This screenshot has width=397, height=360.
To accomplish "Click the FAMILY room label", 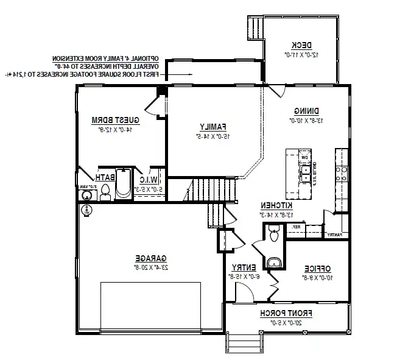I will click(213, 126).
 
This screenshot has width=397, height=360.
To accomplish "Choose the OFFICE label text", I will click(317, 268).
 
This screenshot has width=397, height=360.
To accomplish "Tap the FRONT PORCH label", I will click(286, 313).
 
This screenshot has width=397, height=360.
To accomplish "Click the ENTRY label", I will click(242, 267).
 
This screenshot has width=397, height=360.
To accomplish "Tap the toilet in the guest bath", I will click(105, 191).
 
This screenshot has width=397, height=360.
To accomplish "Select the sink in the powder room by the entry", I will click(273, 263).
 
